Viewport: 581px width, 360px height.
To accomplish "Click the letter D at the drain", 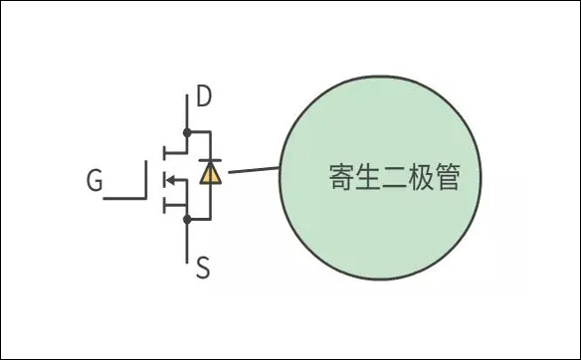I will [x=204, y=97].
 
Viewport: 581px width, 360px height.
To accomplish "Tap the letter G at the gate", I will [x=95, y=181].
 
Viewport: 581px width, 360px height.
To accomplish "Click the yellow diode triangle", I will [x=210, y=174].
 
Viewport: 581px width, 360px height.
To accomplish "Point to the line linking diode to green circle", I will [x=253, y=172].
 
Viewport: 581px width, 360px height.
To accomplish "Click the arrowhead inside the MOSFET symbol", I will [x=170, y=179].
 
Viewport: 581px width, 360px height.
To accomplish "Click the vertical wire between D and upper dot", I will [x=187, y=112].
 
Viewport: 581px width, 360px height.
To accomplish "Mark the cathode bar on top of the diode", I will [x=210, y=162].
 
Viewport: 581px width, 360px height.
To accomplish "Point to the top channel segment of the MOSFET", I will [x=163, y=151].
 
